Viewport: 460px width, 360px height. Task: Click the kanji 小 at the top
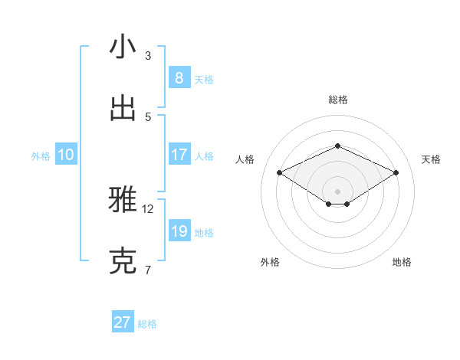click(123, 47)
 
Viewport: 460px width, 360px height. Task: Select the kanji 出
click(123, 109)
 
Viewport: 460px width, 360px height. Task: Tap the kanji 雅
click(123, 200)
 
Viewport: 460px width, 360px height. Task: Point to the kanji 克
click(123, 261)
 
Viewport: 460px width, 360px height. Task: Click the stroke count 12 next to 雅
click(148, 208)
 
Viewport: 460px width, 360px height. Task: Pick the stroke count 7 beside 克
click(148, 270)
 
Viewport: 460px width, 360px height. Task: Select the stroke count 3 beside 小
click(148, 56)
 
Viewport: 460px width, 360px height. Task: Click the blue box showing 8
click(179, 78)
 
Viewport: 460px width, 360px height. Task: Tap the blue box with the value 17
click(179, 155)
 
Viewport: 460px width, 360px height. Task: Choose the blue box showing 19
click(179, 231)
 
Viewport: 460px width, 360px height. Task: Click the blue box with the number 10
click(66, 155)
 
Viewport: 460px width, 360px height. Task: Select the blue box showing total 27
click(123, 322)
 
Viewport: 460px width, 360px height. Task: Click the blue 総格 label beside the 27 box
click(147, 324)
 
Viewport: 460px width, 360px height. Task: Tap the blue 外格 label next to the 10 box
click(41, 156)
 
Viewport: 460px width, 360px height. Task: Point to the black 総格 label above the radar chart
click(337, 100)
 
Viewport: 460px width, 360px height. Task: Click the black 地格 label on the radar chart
click(402, 262)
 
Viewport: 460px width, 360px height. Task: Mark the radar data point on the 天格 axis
click(396, 172)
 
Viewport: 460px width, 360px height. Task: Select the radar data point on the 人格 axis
click(280, 172)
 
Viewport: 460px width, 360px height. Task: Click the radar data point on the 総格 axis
click(337, 146)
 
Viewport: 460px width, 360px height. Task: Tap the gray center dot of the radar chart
click(337, 191)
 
